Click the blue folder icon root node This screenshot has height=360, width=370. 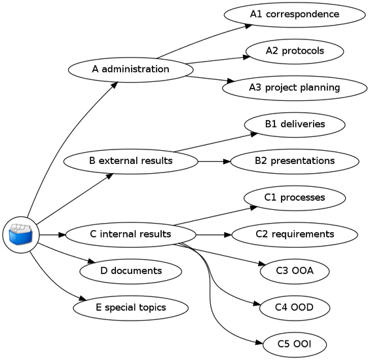(x=20, y=234)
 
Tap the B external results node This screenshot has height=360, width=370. (x=131, y=161)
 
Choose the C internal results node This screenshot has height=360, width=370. (x=131, y=234)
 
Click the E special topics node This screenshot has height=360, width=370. (x=131, y=307)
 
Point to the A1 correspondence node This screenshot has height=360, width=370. (x=294, y=14)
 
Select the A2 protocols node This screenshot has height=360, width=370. (x=294, y=50)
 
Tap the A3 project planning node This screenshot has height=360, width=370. (x=293, y=87)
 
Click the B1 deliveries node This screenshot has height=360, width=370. (x=294, y=124)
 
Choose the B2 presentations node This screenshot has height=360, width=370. (x=294, y=161)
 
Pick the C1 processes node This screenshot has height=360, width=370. (x=294, y=197)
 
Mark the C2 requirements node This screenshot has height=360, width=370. (x=294, y=234)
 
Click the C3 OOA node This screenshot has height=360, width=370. (x=294, y=270)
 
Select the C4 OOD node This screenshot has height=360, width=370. (x=294, y=307)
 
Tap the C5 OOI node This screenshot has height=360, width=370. (x=294, y=344)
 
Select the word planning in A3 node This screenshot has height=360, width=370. (x=320, y=88)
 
